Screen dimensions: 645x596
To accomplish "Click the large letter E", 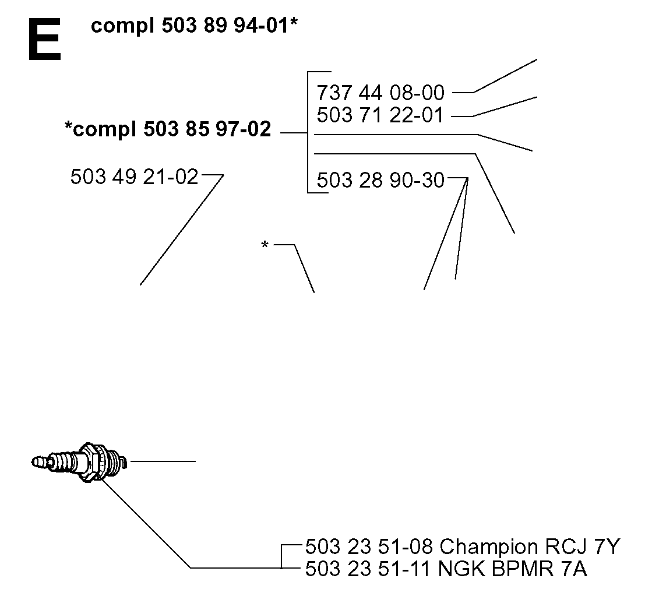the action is [45, 40].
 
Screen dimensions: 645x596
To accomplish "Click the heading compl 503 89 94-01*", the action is [194, 26].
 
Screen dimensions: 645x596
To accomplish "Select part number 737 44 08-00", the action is [380, 93].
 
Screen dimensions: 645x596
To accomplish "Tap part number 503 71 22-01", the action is [380, 115].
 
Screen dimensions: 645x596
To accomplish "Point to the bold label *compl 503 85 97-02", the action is [168, 129].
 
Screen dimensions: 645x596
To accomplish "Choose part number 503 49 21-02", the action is [135, 177].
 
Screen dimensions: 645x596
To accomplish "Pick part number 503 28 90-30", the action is [380, 180].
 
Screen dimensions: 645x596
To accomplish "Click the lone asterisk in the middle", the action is [265, 245].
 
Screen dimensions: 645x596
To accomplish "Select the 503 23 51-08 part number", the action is [369, 546].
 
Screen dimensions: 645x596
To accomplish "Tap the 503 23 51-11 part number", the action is [368, 569].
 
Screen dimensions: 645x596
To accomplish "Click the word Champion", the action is [489, 548].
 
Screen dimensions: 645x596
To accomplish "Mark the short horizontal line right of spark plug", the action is [163, 461].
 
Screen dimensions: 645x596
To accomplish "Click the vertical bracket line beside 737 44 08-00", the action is [308, 132].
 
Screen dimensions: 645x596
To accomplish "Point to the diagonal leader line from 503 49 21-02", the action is [182, 230].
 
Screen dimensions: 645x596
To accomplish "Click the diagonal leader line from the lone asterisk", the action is [304, 269].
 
